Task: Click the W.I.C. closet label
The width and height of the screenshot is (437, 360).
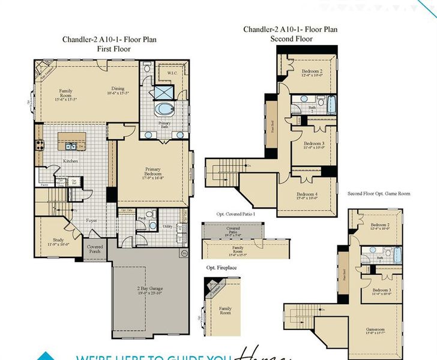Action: (x=170, y=74)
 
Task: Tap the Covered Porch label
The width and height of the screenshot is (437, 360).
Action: (x=94, y=248)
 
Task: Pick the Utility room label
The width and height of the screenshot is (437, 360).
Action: (x=167, y=226)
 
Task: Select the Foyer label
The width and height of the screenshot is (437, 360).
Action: (x=91, y=220)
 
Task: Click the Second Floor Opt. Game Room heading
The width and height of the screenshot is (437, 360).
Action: (x=379, y=194)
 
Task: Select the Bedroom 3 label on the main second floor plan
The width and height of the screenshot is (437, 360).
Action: (x=313, y=145)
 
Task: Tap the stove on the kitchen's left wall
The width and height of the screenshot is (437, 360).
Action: (x=40, y=145)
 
